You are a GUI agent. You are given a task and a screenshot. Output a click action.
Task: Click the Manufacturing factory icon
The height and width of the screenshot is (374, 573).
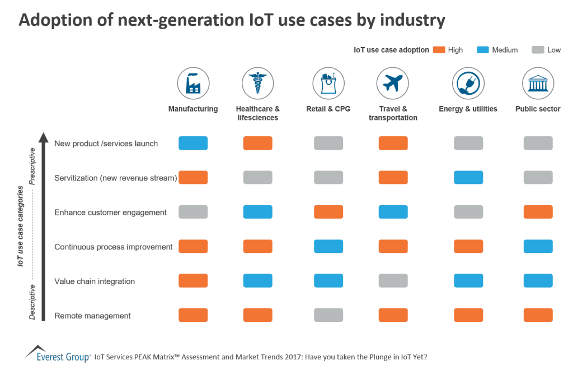(193, 84)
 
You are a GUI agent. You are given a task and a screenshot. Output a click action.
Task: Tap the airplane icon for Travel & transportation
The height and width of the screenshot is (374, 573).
(393, 84)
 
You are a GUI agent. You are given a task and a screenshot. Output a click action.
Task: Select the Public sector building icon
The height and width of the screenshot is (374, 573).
(538, 84)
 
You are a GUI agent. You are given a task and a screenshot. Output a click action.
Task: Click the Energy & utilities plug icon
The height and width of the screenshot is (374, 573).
(468, 84)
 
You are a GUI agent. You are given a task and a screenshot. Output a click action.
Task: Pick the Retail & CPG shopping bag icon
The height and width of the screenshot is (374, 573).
(328, 84)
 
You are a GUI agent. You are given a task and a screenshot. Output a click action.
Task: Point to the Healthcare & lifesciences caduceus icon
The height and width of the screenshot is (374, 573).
(257, 84)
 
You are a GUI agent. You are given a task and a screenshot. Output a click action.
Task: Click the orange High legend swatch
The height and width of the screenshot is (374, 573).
(439, 50)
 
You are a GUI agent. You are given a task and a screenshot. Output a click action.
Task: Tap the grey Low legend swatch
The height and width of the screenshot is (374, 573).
(538, 50)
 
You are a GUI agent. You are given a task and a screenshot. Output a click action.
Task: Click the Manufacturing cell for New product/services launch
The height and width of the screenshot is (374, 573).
(193, 143)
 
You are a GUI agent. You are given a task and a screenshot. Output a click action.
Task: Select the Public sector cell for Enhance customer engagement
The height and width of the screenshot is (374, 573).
(538, 212)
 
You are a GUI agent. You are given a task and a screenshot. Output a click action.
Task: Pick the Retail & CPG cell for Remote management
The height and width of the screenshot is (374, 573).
(328, 315)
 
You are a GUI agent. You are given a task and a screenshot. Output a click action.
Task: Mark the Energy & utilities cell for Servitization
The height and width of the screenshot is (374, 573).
(468, 177)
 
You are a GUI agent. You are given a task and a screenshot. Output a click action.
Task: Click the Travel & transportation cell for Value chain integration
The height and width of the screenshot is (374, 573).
(393, 280)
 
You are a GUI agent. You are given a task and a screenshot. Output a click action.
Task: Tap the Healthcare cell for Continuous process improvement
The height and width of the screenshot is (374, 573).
(257, 246)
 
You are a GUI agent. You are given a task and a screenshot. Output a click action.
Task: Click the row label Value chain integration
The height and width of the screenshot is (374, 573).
(94, 281)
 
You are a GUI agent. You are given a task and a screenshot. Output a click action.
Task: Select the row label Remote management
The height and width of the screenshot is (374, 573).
(92, 316)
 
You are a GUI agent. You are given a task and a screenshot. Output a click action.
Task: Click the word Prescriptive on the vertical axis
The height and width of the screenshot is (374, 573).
(32, 166)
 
